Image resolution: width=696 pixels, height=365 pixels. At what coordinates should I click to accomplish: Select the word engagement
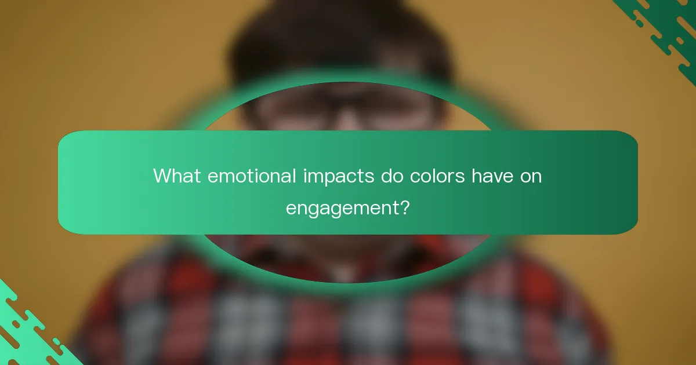tap(342, 207)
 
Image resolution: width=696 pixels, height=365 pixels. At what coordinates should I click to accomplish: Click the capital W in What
tap(162, 176)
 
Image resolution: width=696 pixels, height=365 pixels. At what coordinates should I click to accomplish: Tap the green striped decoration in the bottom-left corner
tap(29, 330)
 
